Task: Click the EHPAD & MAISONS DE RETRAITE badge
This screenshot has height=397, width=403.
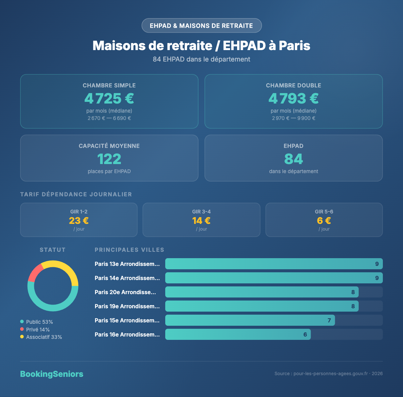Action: pos(201,26)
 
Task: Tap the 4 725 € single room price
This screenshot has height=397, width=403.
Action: pos(109,98)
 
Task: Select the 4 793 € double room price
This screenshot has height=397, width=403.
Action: pos(294,98)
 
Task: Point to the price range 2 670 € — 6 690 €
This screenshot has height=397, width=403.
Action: pos(109,118)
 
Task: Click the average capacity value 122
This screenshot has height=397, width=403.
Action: pos(109,159)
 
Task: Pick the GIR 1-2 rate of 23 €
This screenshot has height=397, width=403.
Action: pos(79,221)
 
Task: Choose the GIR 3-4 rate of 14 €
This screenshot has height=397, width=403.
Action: pos(201,221)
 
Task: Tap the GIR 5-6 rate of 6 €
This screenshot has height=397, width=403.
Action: pos(324,221)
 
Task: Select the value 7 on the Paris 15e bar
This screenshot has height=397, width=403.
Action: pos(329,320)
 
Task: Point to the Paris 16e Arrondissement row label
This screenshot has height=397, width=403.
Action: pos(127,334)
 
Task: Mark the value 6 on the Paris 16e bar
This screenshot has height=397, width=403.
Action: pos(305,334)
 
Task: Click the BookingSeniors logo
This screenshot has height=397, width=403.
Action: pos(52,374)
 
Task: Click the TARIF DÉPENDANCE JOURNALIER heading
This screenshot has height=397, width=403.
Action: pos(76,194)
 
